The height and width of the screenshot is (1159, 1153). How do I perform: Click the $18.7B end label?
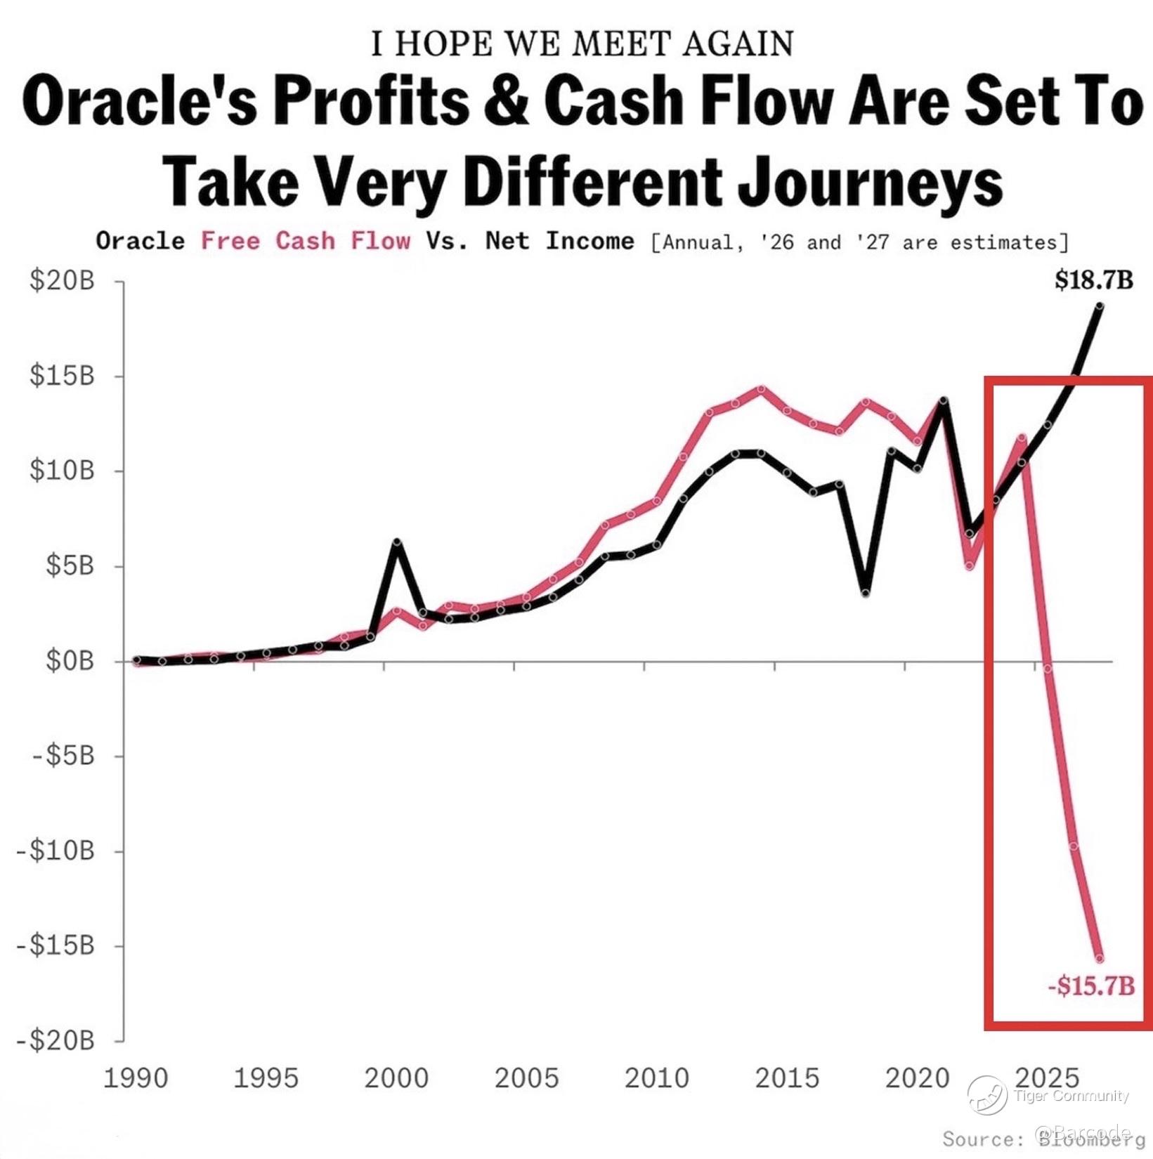click(x=1093, y=281)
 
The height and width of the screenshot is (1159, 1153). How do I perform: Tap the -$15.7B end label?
click(x=1091, y=986)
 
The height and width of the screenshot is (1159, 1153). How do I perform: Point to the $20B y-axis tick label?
click(x=62, y=281)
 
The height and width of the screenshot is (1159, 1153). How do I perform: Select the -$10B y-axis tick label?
click(x=56, y=851)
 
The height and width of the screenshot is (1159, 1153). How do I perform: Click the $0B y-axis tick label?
click(x=70, y=661)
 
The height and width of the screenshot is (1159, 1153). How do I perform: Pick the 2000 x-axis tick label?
click(x=396, y=1078)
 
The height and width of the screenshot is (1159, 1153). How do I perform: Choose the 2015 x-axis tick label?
click(x=787, y=1078)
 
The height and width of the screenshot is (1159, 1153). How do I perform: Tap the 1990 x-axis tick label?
click(x=136, y=1078)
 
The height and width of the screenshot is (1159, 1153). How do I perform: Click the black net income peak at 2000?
click(x=397, y=542)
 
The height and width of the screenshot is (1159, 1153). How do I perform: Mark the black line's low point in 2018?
click(x=866, y=594)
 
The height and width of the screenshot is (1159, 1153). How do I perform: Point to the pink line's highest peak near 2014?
click(x=761, y=388)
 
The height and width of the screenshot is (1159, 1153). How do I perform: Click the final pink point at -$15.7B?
click(x=1100, y=958)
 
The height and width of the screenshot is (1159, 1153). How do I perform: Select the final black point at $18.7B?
click(x=1100, y=306)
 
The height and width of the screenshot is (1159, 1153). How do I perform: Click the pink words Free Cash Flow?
click(x=306, y=241)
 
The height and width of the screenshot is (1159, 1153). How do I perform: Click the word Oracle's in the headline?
click(x=138, y=102)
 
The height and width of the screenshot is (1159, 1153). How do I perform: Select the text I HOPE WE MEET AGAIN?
click(x=582, y=44)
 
